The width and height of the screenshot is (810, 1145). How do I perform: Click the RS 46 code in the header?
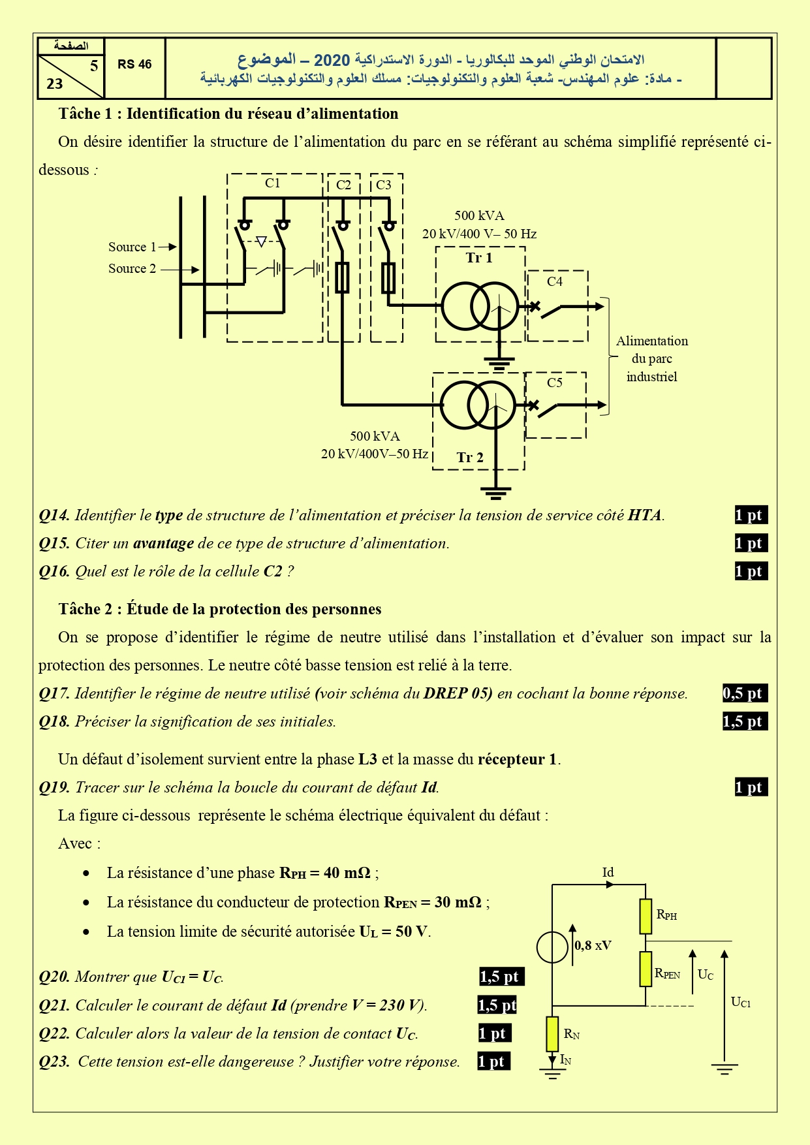coord(134,65)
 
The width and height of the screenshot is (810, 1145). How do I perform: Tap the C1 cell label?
coord(273,183)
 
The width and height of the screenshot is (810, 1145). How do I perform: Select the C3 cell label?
coord(384,185)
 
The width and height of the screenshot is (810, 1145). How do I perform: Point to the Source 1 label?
coord(132,247)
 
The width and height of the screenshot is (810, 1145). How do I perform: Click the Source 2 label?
coord(132,268)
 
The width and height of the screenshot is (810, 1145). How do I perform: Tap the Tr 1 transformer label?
coord(479,258)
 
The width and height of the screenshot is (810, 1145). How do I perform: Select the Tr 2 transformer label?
coord(470,458)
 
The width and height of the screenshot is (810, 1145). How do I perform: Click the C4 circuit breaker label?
coord(555,281)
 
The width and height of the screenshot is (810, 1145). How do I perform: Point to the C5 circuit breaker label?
coord(555,383)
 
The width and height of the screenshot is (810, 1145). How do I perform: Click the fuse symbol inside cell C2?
coord(342,277)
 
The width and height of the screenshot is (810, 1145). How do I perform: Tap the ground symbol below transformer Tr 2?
coord(495,492)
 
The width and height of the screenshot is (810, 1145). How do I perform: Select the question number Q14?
coord(54,515)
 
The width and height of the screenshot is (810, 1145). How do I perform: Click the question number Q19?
coord(54,787)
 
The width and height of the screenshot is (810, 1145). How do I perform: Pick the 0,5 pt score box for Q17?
coord(745,693)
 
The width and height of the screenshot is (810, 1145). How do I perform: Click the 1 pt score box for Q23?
coord(493,1061)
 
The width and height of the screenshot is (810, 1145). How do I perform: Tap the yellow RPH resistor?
coord(646,917)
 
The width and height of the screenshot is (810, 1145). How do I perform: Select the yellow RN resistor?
coord(552,1034)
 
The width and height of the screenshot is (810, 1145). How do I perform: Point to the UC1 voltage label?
coord(741,1003)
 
